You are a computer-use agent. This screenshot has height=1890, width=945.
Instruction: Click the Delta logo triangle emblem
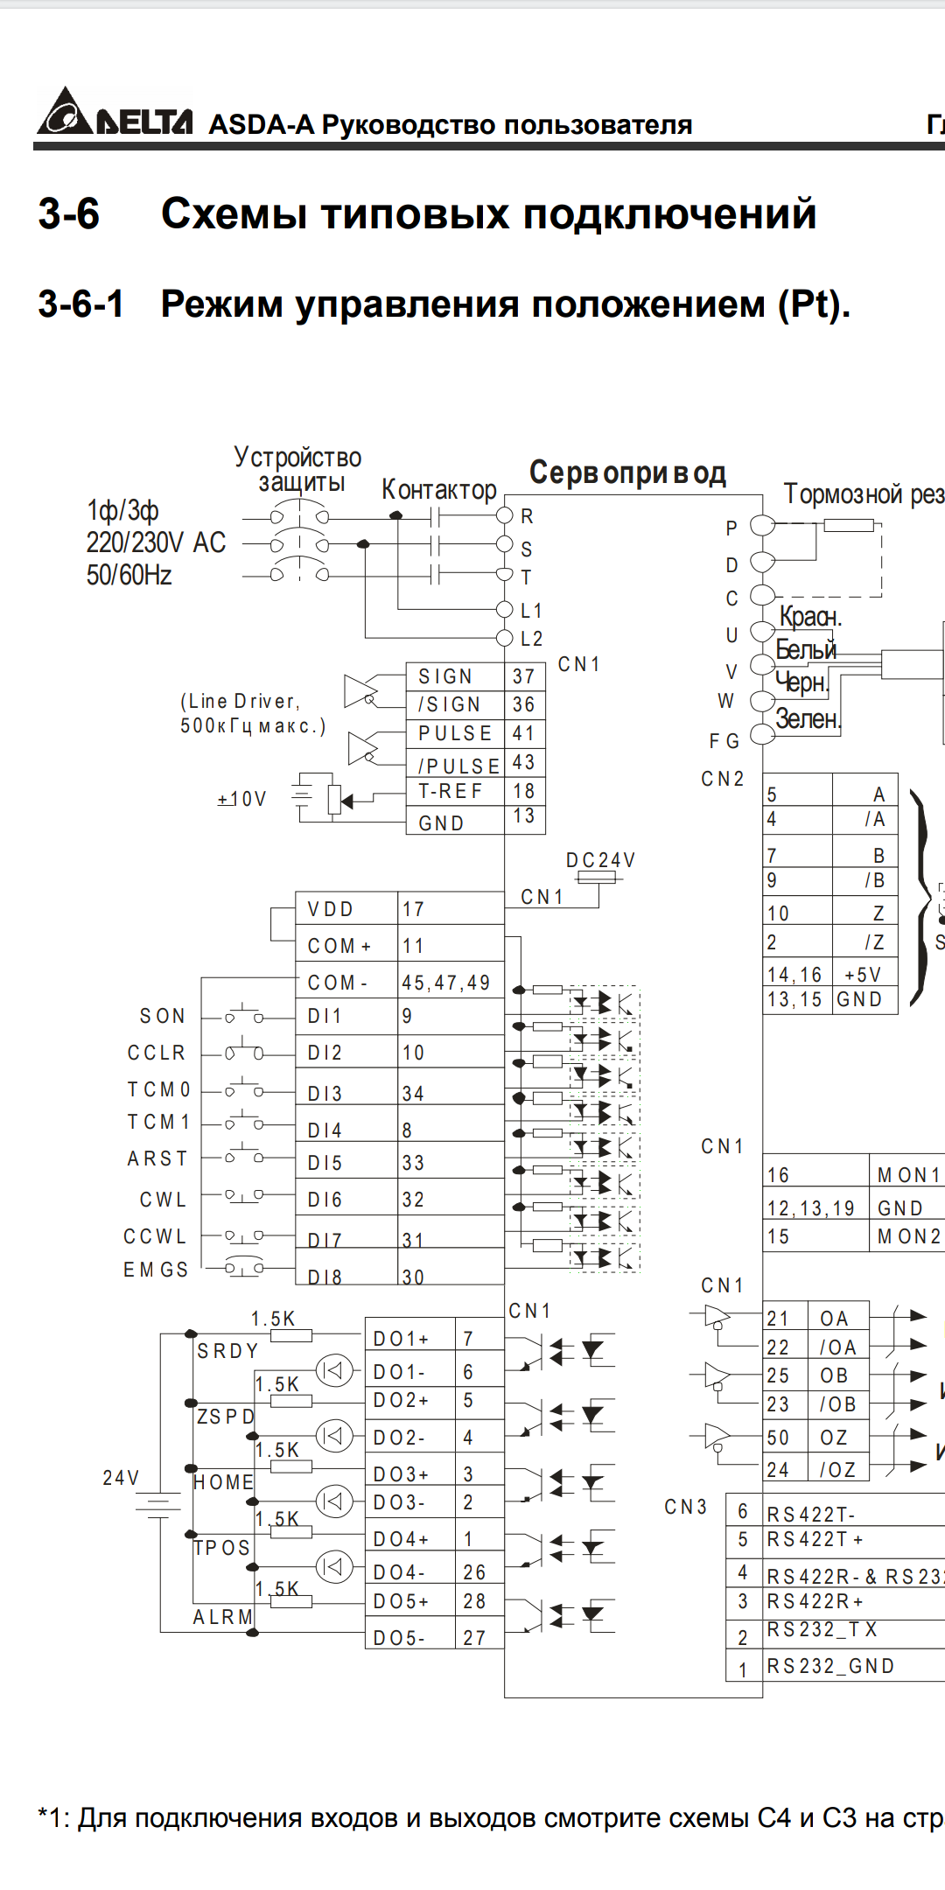[x=64, y=112]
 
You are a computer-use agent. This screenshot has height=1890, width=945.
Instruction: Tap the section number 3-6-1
[x=80, y=304]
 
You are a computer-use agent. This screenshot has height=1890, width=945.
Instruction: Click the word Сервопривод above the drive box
[x=627, y=473]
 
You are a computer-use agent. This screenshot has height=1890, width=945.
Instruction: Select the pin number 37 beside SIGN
[x=523, y=676]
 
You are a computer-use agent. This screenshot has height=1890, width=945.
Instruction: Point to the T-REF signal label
[x=450, y=791]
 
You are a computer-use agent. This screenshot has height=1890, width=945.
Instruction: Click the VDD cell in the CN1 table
[x=331, y=909]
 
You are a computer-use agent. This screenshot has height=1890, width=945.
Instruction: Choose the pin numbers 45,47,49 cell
[x=446, y=983]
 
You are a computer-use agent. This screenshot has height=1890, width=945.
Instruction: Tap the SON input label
[x=163, y=1016]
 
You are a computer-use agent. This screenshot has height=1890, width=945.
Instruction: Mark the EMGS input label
[x=156, y=1270]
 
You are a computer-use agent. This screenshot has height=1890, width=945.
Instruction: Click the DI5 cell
[x=325, y=1163]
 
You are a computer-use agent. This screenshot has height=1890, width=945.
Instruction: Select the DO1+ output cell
[x=401, y=1339]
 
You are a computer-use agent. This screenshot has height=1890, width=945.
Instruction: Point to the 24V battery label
[x=121, y=1478]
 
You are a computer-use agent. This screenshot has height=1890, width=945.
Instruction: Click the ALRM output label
[x=222, y=1617]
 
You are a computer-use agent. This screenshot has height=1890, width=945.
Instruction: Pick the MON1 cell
[x=908, y=1175]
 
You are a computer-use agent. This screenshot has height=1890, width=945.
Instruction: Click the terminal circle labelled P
[x=763, y=525]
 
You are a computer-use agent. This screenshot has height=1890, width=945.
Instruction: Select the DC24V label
[x=600, y=860]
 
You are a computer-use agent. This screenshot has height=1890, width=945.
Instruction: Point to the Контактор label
[x=438, y=490]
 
